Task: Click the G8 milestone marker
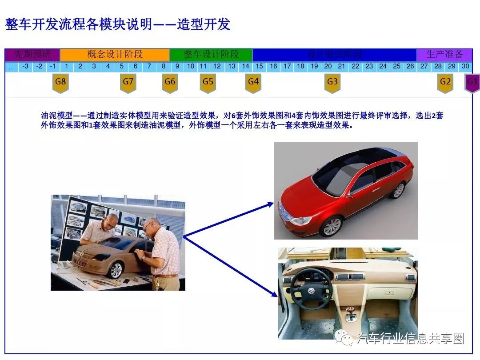(60, 82)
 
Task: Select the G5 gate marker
(208, 82)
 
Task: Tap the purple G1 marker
(472, 82)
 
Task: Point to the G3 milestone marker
(332, 82)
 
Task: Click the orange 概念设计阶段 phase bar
(115, 55)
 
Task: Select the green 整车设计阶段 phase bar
(211, 55)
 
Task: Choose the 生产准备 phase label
(444, 55)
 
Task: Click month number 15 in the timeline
(260, 66)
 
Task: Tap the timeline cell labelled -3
(26, 66)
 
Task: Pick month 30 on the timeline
(465, 66)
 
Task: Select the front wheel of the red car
(332, 226)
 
